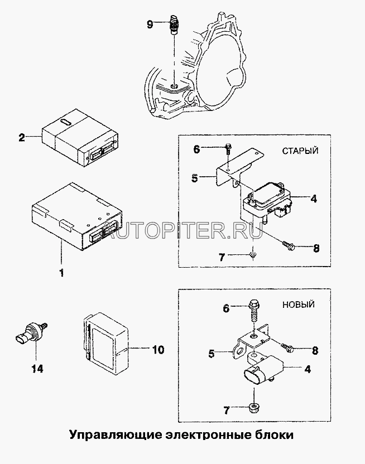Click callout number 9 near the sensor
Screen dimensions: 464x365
click(x=148, y=24)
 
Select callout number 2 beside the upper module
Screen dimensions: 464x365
click(x=21, y=137)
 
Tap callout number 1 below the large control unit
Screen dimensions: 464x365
click(x=61, y=273)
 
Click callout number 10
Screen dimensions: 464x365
click(x=158, y=350)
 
